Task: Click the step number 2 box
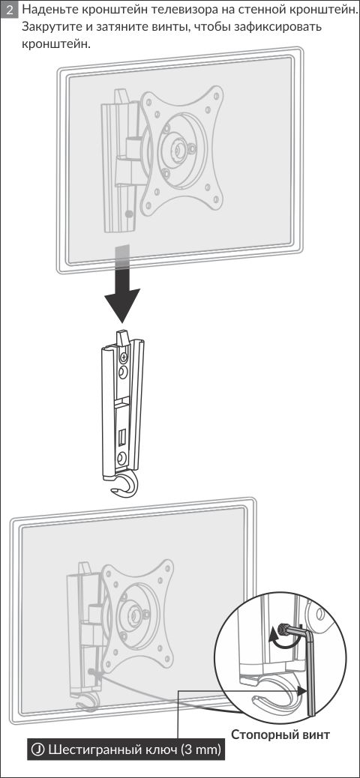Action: point(9,10)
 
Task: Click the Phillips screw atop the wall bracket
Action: point(124,356)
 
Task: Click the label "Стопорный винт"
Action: point(280,735)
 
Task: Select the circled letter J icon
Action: point(38,748)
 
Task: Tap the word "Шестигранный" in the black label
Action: point(88,749)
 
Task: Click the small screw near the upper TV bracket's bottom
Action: point(130,214)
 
